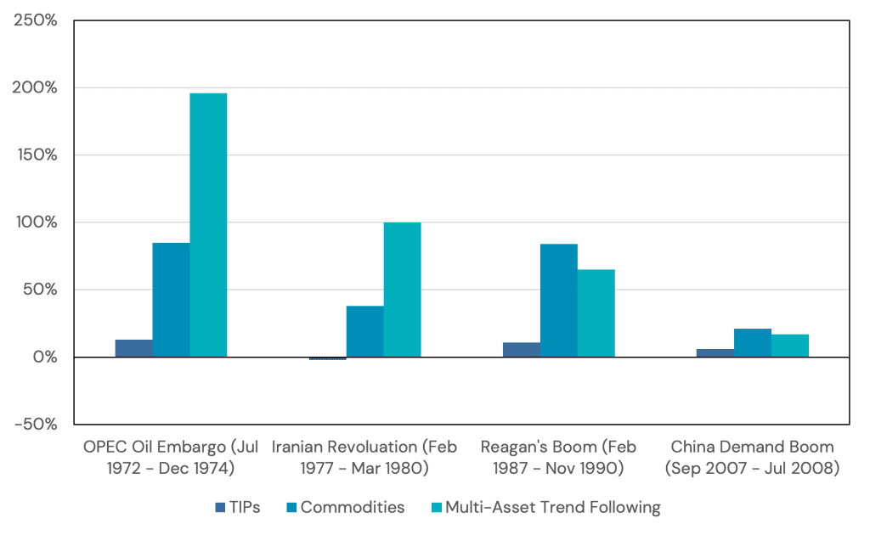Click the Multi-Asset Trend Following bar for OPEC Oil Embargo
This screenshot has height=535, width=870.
[208, 225]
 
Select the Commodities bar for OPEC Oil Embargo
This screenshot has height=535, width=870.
[171, 300]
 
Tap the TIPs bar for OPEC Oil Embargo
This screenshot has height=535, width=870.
[134, 348]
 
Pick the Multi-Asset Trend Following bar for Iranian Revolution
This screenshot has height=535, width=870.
[402, 290]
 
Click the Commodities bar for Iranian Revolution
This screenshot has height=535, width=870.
[364, 331]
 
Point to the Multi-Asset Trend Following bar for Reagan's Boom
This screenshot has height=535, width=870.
[596, 313]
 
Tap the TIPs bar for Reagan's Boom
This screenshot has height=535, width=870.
[522, 350]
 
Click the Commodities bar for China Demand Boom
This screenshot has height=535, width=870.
[752, 343]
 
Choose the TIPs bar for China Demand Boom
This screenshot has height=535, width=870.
[715, 353]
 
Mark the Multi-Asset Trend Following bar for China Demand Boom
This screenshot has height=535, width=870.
[789, 346]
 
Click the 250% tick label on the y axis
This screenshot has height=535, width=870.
[36, 20]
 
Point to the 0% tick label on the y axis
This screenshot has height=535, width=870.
[42, 358]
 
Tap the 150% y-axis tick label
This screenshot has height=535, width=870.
[36, 155]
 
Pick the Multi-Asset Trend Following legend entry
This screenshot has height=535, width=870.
[545, 508]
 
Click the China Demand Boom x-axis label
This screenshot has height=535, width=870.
[752, 457]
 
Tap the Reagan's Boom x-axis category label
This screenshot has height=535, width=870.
[558, 457]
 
